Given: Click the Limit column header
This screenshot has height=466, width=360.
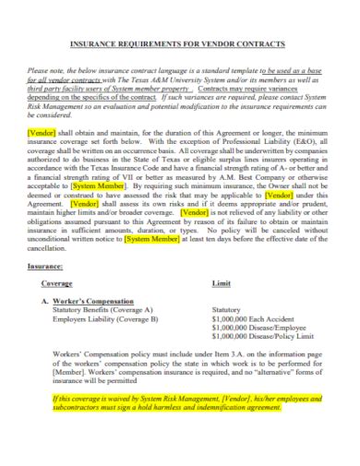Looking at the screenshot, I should [x=222, y=284].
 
